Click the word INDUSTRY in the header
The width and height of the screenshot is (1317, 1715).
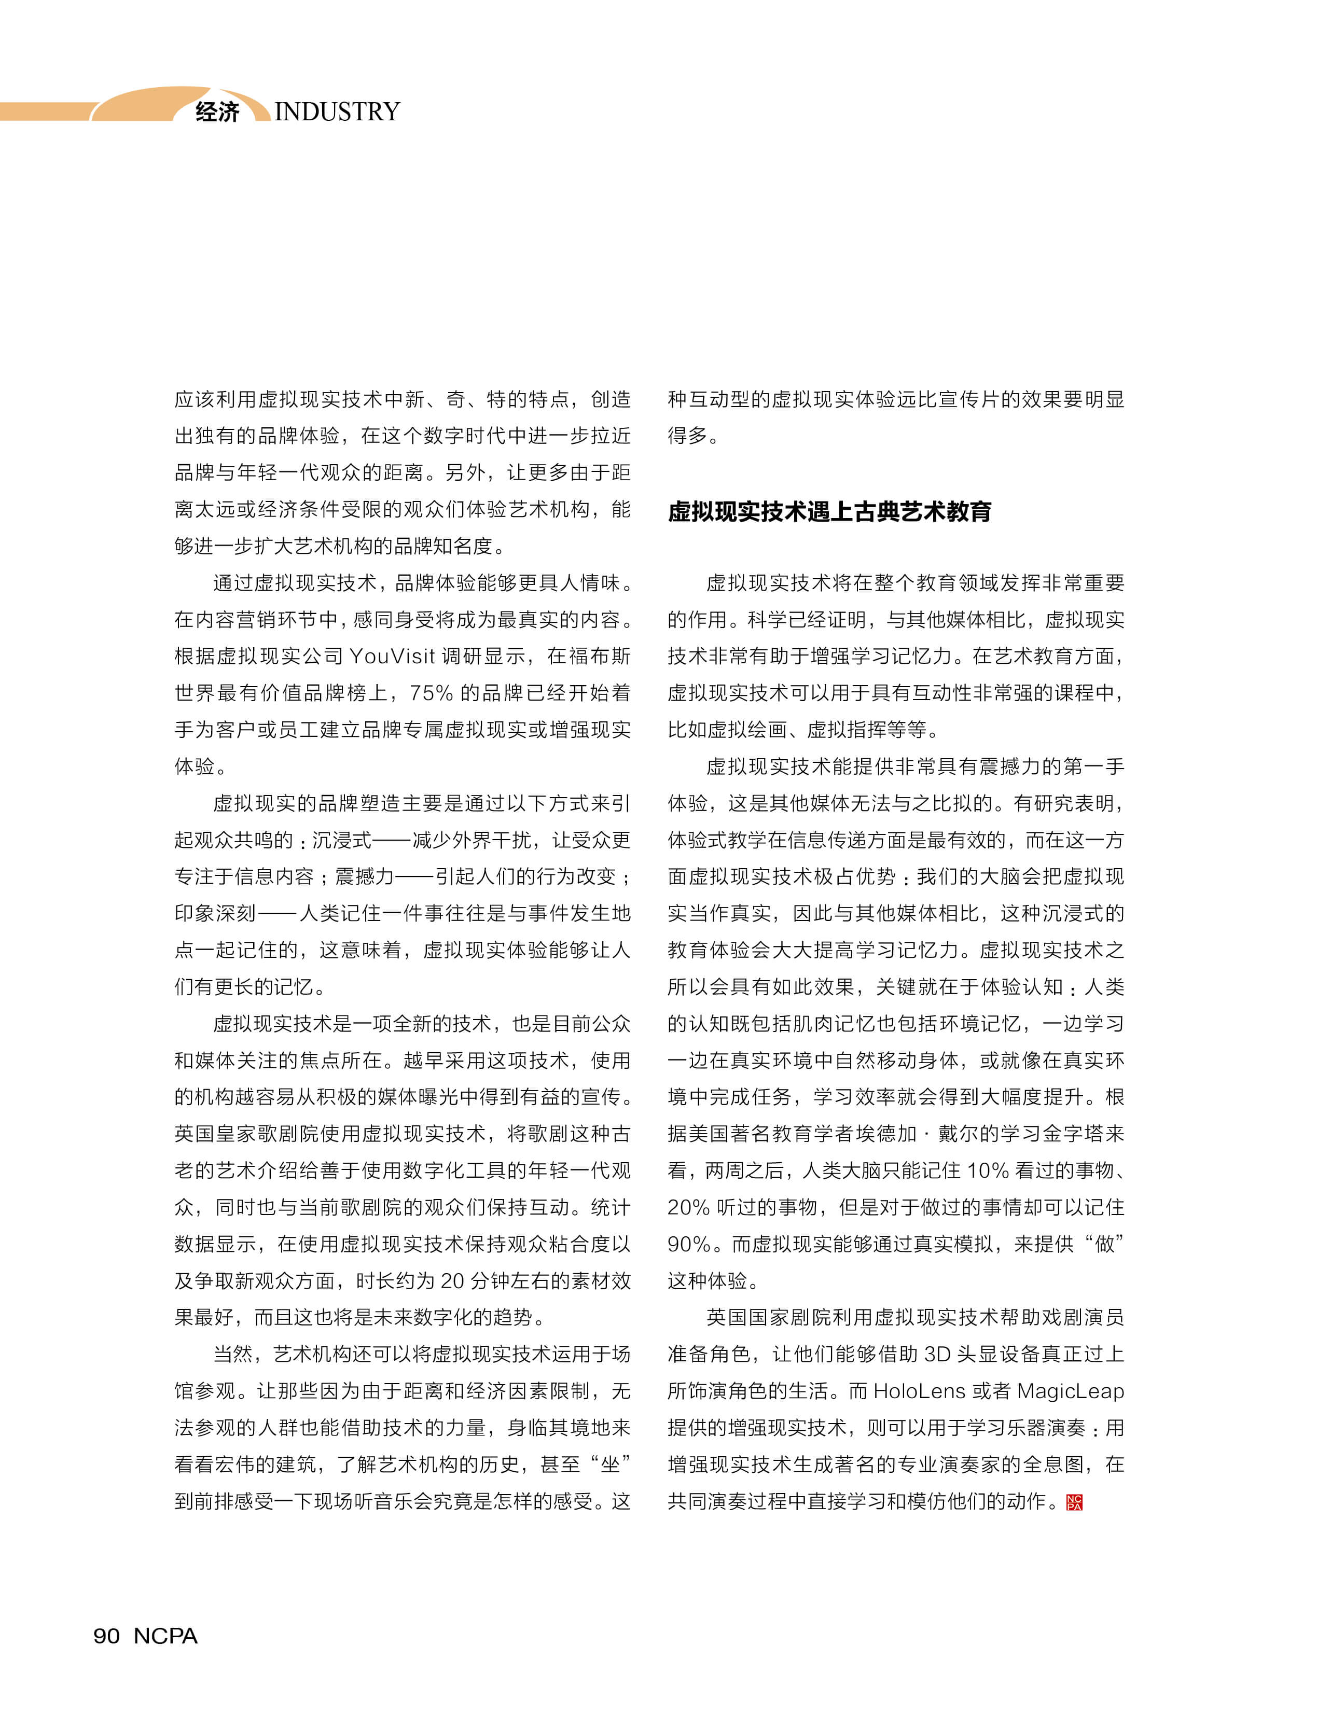[337, 111]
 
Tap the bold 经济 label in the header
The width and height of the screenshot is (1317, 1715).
[217, 111]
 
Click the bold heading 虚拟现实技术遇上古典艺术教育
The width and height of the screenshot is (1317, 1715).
[829, 512]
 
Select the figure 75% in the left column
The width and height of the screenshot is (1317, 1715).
[431, 692]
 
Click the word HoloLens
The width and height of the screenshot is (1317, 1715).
[919, 1391]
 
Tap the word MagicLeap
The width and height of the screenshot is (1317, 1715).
[1070, 1391]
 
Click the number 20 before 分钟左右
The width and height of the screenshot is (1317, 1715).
[452, 1281]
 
